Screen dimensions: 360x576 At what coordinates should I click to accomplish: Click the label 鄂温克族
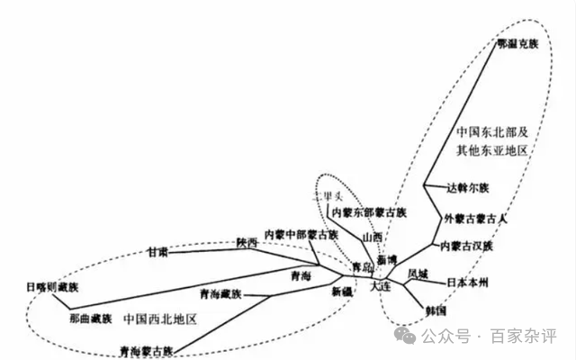[x=517, y=43]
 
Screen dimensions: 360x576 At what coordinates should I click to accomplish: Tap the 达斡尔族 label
[x=467, y=189]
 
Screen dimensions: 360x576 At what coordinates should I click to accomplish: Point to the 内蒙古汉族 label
[x=463, y=246]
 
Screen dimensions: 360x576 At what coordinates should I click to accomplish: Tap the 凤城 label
[x=418, y=274]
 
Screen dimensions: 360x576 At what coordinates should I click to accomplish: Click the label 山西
[x=372, y=238]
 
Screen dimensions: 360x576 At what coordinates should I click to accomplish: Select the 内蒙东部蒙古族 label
[x=369, y=213]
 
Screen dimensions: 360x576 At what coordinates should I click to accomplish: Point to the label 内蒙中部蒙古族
[x=301, y=235]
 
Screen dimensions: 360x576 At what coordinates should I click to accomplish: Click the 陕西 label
[x=247, y=243]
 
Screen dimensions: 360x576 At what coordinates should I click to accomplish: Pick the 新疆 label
[x=342, y=292]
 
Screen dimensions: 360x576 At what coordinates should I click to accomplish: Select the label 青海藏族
[x=220, y=294]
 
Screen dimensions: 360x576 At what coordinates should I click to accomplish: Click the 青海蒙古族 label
[x=145, y=349]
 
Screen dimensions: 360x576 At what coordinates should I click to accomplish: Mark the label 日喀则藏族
[x=52, y=287]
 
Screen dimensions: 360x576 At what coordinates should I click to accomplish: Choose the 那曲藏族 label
[x=90, y=319]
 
